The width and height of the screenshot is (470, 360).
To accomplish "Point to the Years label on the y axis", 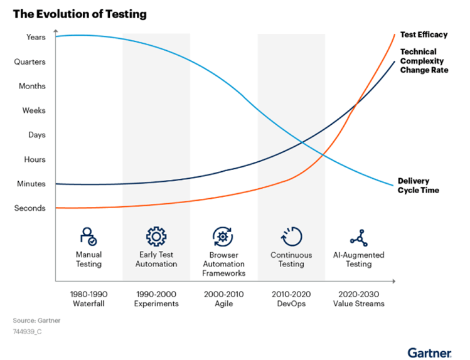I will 36,37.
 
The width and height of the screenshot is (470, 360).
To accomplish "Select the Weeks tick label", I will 34,110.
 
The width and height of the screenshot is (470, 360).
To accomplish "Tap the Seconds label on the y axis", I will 30,208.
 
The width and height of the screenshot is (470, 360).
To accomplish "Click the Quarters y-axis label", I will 30,61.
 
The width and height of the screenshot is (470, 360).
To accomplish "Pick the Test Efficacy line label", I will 424,34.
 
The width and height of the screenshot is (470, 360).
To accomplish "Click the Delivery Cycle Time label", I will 418,186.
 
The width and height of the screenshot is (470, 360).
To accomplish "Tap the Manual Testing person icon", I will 88,236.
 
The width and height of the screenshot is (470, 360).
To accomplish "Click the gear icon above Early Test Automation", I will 156,236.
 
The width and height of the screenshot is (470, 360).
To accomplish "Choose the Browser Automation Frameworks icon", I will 223,236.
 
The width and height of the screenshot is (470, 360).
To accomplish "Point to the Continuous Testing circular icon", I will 291,236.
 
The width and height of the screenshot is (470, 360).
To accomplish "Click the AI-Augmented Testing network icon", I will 358,236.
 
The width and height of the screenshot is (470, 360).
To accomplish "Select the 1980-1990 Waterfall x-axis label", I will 88,299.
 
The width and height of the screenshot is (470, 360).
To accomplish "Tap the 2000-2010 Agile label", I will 223,299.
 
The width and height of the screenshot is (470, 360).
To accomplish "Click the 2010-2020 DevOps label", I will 291,299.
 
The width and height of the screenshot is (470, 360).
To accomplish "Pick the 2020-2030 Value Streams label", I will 358,299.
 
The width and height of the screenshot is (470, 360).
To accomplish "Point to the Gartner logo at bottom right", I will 429,352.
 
